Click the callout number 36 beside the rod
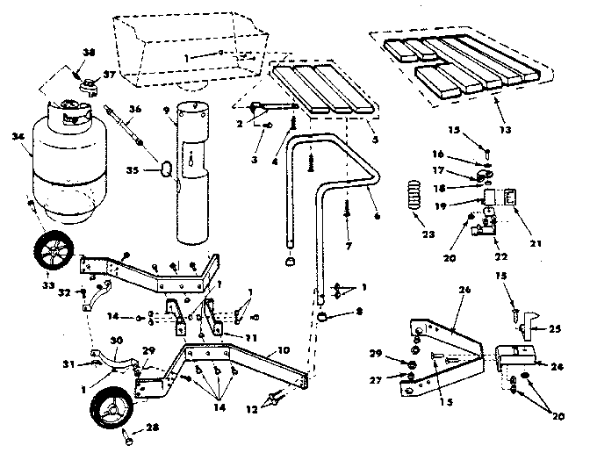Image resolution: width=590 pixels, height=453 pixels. [x=134, y=110]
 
